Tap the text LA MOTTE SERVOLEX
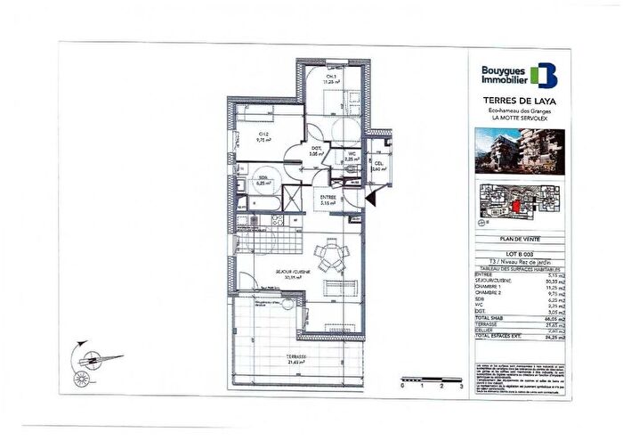tap(519, 118)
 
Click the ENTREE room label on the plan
tap(328, 198)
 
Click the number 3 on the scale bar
tap(461, 389)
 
